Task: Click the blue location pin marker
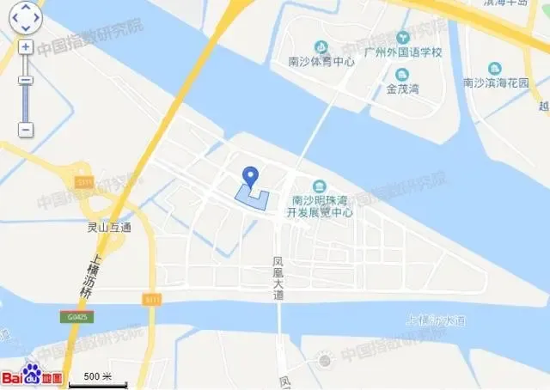[x=250, y=175]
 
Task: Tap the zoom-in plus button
[x=26, y=46]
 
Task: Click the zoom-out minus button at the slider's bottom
[x=26, y=130]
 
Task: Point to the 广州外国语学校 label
[x=402, y=52]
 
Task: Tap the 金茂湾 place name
[x=402, y=88]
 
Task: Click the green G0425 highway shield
[x=76, y=316]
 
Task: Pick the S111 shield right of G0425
[x=152, y=298]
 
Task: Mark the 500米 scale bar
[x=97, y=378]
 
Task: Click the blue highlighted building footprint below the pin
[x=252, y=198]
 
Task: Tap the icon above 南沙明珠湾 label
[x=320, y=186]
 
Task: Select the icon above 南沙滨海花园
[x=494, y=69]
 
